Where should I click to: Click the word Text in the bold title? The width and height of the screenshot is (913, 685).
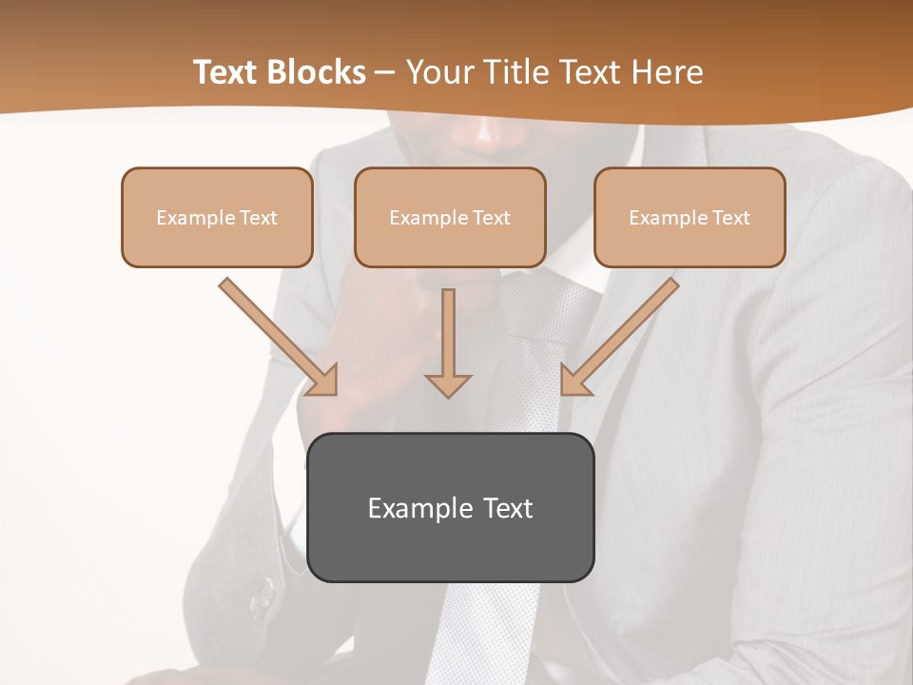coord(227,72)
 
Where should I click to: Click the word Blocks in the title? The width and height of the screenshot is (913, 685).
coord(318,72)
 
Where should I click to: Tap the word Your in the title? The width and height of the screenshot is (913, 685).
coord(443,72)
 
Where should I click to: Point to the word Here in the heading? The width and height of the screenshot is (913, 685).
coord(665,72)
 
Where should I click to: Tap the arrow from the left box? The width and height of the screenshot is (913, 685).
coord(276,334)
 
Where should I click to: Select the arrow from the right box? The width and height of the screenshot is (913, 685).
coord(622,334)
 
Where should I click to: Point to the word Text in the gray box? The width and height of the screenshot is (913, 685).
coord(507,508)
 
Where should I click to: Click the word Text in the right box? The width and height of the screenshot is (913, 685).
coord(731,218)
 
